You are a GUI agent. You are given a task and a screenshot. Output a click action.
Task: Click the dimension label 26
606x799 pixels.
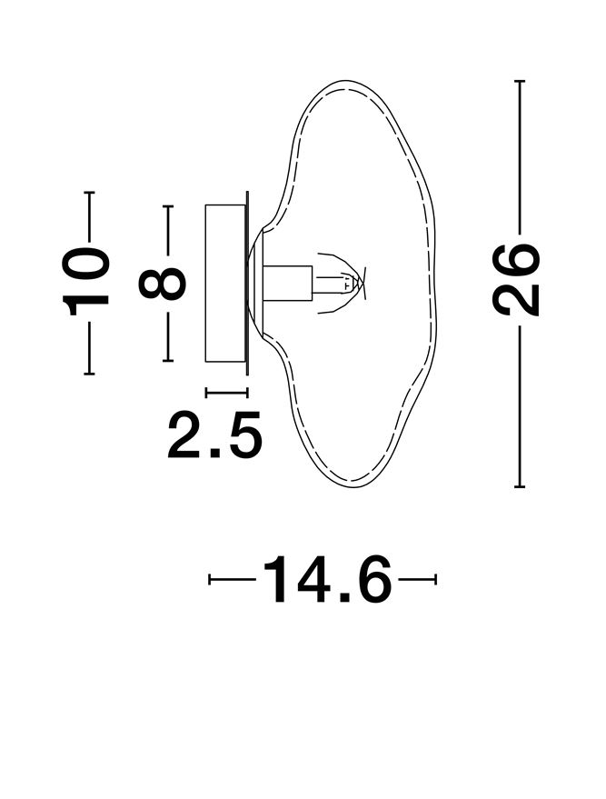[x=515, y=280]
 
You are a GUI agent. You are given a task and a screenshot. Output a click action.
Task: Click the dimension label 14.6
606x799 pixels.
[x=327, y=579]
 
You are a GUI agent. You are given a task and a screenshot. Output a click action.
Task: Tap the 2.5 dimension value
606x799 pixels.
[x=214, y=434]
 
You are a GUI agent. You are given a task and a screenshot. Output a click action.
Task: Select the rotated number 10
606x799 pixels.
[x=85, y=282]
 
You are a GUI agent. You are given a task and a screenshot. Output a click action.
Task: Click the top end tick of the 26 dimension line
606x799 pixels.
[x=520, y=81]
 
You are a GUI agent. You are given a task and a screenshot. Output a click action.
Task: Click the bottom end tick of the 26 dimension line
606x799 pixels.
[x=520, y=487]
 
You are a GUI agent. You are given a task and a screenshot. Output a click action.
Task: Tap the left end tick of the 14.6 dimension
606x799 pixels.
[x=209, y=579]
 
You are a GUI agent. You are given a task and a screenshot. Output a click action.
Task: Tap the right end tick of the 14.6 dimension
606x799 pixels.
[x=436, y=579]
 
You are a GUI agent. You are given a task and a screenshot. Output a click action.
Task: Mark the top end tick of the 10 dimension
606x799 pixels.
[x=89, y=193]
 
